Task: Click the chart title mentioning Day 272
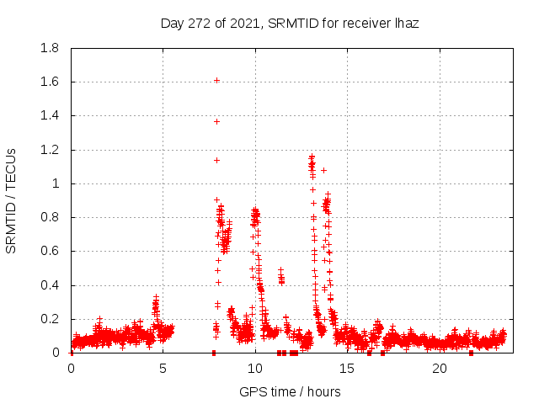coord(289,24)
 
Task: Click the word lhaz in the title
coord(405,24)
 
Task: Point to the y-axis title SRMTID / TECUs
coord(12,200)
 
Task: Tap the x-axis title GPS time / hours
coord(290,391)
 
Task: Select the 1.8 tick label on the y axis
coord(50,48)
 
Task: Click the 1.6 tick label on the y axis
coord(50,82)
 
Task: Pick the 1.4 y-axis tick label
coord(50,115)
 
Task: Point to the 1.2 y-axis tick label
coord(50,150)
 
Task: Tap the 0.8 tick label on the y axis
coord(50,217)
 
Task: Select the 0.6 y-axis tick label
coord(50,251)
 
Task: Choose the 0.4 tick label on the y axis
coord(50,285)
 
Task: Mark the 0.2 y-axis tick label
coord(50,319)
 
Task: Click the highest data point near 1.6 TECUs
coord(216,80)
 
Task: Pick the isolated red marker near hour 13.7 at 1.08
coord(323,170)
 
